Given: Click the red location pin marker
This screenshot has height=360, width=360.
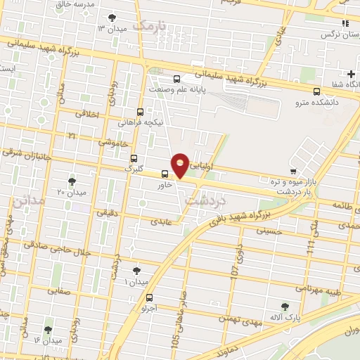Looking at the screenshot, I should pyautogui.click(x=181, y=165).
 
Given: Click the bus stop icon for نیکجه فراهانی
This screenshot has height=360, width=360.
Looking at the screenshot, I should pyautogui.click(x=140, y=111).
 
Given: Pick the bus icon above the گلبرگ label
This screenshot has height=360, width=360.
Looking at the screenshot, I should pyautogui.click(x=134, y=158).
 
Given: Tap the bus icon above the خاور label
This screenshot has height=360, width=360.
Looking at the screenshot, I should pyautogui.click(x=165, y=174).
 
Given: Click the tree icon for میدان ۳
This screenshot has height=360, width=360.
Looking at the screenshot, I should pyautogui.click(x=112, y=18).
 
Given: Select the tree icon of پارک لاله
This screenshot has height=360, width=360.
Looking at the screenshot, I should pyautogui.click(x=284, y=307).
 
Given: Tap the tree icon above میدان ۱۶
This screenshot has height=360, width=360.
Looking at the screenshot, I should pyautogui.click(x=48, y=330).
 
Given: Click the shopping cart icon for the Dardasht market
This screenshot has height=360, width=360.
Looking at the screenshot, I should pyautogui.click(x=293, y=171).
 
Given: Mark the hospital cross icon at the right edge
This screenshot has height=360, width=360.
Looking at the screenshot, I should pyautogui.click(x=351, y=74).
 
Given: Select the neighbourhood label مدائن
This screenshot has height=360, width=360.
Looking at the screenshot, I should pyautogui.click(x=27, y=200).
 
